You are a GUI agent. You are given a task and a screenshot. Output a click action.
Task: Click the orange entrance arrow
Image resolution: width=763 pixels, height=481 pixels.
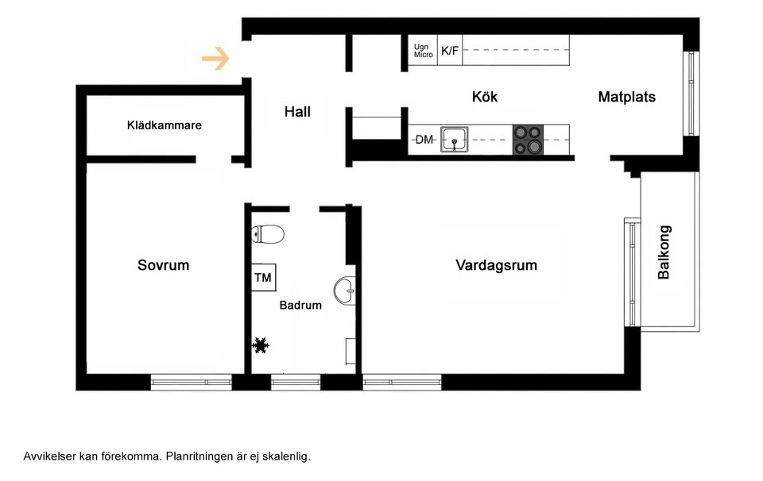tap(215, 58)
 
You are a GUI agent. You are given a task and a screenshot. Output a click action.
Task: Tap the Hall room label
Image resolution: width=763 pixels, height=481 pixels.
tap(297, 113)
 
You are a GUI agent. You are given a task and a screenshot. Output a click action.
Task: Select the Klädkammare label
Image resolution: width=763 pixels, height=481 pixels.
tap(165, 125)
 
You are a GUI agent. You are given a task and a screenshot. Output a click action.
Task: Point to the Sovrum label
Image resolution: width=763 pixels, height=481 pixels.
tap(163, 265)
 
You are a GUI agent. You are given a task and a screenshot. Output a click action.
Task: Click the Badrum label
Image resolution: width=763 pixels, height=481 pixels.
tap(300, 305)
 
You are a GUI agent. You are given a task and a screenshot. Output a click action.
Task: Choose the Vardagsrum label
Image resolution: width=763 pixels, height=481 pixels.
tap(496, 265)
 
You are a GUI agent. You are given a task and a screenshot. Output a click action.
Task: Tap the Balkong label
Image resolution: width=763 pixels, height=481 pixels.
tap(664, 252)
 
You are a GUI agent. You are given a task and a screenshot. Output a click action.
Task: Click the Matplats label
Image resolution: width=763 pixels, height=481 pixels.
tap(626, 97)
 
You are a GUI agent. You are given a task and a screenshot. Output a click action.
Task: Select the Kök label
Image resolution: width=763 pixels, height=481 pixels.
tap(485, 97)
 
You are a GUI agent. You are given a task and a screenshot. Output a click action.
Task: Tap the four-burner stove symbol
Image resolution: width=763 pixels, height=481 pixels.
tap(527, 140)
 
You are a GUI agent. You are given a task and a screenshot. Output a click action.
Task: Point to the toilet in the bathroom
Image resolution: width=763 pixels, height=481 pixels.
tap(268, 234)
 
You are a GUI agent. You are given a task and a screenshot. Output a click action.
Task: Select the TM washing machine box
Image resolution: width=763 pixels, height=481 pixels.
tap(263, 278)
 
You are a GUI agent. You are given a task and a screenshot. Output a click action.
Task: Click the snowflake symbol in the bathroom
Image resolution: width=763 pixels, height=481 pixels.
tap(260, 345)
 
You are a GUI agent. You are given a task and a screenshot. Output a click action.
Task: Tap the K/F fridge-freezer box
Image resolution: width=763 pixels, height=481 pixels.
tap(450, 51)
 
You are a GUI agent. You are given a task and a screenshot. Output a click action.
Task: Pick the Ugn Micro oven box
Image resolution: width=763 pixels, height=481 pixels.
tap(423, 51)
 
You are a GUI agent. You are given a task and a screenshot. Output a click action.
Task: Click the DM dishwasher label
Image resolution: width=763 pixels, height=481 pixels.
tap(424, 140)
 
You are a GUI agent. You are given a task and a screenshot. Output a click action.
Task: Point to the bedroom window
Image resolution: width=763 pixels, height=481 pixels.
tap(191, 383)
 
